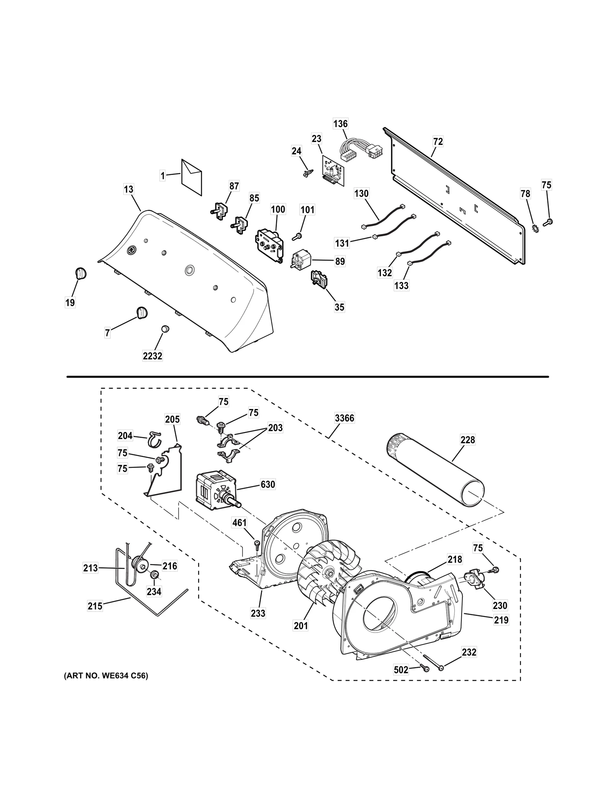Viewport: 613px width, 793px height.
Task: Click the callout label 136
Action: click(340, 124)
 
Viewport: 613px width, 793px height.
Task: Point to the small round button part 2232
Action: click(165, 329)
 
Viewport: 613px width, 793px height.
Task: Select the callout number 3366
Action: click(344, 418)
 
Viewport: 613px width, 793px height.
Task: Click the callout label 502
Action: click(401, 670)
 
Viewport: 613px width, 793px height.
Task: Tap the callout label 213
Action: click(90, 568)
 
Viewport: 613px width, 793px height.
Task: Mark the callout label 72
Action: click(438, 141)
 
